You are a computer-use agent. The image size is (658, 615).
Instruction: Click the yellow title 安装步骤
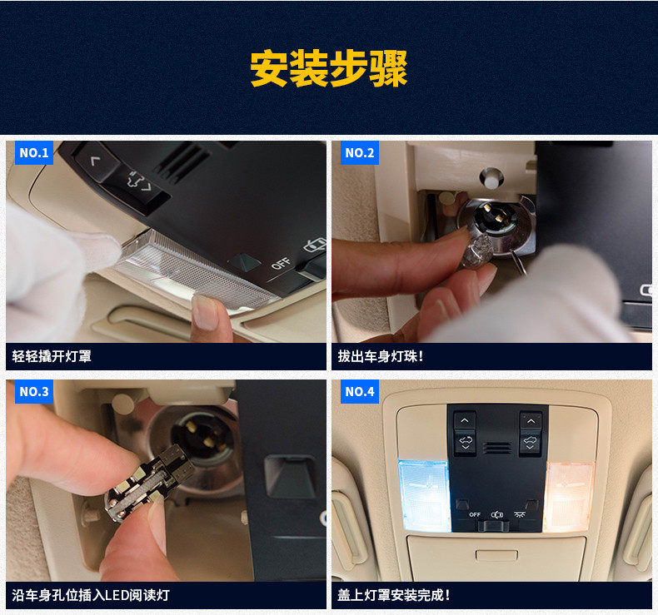pyautogui.click(x=328, y=68)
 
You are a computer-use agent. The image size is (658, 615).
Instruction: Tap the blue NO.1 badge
pyautogui.click(x=34, y=152)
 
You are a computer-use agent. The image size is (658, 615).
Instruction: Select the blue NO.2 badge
pyautogui.click(x=360, y=152)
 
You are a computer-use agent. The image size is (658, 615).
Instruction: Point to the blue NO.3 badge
pyautogui.click(x=34, y=392)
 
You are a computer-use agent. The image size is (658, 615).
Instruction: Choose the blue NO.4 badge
pyautogui.click(x=360, y=392)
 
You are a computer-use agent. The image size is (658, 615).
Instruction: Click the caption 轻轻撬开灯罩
pyautogui.click(x=52, y=356)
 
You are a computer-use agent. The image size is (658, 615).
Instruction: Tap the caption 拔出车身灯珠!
pyautogui.click(x=380, y=356)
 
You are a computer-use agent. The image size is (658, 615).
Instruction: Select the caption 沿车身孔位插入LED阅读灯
pyautogui.click(x=91, y=595)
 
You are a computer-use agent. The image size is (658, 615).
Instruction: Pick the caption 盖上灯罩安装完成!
pyautogui.click(x=394, y=595)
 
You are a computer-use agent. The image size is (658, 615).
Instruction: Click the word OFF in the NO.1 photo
pyautogui.click(x=281, y=263)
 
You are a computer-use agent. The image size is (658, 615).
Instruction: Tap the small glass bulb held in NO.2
pyautogui.click(x=477, y=251)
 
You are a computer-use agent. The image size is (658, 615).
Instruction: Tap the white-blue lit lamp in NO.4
pyautogui.click(x=424, y=496)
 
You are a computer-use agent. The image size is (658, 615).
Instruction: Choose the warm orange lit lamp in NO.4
pyautogui.click(x=569, y=497)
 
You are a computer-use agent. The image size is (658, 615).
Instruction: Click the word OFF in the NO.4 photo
pyautogui.click(x=475, y=514)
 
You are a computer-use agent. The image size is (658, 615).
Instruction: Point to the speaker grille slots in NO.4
pyautogui.click(x=497, y=448)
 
